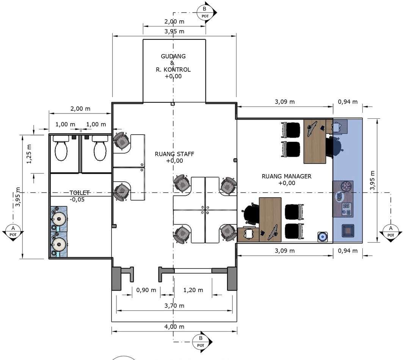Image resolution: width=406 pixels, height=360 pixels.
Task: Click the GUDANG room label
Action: (x=173, y=56)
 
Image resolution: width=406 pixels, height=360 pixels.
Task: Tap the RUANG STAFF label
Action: (x=174, y=154)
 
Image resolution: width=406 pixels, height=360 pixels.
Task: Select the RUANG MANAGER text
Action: (x=286, y=176)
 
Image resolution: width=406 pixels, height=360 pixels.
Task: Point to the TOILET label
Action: (x=80, y=193)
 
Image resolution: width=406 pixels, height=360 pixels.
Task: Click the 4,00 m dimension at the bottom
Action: (x=174, y=327)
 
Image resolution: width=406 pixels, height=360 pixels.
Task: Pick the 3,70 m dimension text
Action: (x=174, y=306)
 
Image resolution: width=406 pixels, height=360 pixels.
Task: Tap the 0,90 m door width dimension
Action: (x=146, y=290)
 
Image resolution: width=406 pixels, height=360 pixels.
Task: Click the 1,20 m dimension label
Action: (x=193, y=290)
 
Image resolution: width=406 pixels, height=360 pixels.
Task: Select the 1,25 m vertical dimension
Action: (x=29, y=154)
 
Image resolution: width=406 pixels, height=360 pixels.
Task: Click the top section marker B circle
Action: (x=205, y=12)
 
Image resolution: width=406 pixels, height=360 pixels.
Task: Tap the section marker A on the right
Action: (x=391, y=231)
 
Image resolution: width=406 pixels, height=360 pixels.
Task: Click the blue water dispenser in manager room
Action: (x=322, y=237)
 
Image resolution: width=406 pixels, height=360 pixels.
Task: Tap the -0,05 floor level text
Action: (x=77, y=200)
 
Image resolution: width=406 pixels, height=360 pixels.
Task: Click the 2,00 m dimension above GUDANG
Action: (x=174, y=22)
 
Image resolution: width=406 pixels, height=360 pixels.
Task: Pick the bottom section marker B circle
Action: (x=201, y=341)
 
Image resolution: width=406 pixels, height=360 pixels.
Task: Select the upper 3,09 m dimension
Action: (x=285, y=102)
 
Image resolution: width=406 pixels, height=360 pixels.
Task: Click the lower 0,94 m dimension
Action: (x=348, y=251)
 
